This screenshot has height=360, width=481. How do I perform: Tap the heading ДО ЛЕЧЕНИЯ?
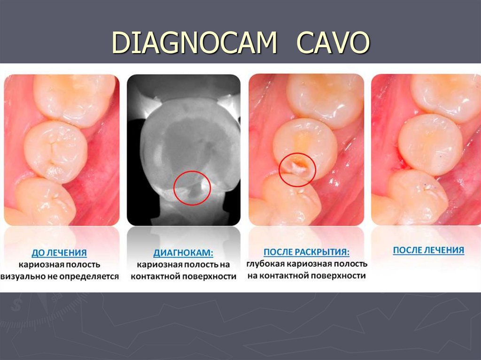coord(59,253)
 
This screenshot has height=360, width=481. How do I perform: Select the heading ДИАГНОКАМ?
coord(183,253)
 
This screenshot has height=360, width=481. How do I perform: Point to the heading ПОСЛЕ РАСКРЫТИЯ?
coord(306,252)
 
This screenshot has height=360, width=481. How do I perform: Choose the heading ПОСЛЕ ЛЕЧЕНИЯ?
coord(428,250)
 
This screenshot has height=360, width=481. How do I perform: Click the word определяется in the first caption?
coord(92,276)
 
